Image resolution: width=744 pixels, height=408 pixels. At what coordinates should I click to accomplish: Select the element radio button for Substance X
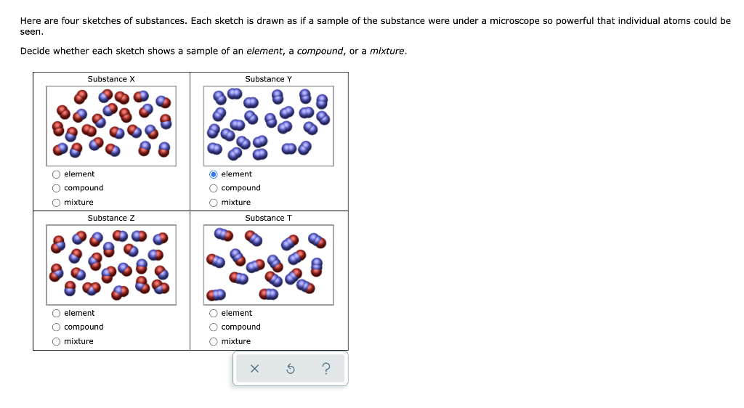(57, 174)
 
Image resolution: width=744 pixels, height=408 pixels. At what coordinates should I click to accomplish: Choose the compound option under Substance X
(57, 188)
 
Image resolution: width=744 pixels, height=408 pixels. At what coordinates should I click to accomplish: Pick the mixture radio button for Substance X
(57, 203)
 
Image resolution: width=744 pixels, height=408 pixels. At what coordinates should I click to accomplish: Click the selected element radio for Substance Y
(214, 174)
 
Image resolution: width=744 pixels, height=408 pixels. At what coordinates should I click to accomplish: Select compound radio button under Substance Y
(214, 188)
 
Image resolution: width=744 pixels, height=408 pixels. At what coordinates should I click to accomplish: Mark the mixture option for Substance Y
(214, 203)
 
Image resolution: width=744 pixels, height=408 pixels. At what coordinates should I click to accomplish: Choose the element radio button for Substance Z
(57, 314)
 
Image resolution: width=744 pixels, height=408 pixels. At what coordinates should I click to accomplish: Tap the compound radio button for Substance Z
(57, 327)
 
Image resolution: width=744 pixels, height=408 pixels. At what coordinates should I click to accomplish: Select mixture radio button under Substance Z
(57, 342)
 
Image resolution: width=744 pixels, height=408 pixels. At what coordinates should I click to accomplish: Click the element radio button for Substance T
(214, 314)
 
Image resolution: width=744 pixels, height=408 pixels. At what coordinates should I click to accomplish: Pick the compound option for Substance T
(214, 327)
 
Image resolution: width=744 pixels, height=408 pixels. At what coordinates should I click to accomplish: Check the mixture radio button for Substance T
(214, 342)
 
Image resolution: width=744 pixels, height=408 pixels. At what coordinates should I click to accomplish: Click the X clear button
(254, 370)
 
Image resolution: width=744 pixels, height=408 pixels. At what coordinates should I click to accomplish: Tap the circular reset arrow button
(290, 370)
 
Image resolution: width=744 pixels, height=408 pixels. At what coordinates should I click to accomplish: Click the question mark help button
(325, 370)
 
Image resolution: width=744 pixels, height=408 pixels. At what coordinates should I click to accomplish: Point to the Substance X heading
(111, 79)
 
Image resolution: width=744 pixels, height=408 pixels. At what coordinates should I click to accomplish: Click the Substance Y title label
(268, 79)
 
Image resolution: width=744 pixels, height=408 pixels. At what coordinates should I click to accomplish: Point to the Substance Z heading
(111, 219)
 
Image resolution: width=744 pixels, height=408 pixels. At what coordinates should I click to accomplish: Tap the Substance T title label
(268, 219)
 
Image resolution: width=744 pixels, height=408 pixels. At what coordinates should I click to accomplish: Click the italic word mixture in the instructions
(387, 52)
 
